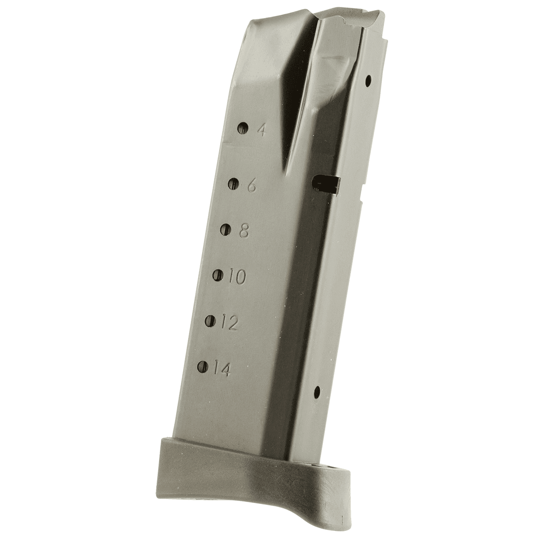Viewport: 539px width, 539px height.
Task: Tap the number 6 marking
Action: click(252, 185)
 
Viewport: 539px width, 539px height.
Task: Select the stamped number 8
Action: click(244, 231)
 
